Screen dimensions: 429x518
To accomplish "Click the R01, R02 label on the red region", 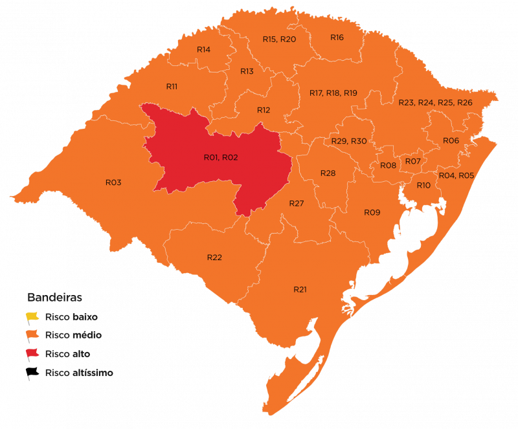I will tap(221, 157).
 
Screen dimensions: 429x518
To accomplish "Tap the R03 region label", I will tap(113, 182).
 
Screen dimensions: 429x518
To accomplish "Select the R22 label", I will tap(214, 258).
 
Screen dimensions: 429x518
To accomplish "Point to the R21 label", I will tap(300, 289).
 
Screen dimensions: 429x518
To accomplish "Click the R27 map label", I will tap(297, 203).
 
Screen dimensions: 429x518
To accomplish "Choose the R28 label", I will tap(328, 173).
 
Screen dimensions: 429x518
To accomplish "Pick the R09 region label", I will tap(372, 212).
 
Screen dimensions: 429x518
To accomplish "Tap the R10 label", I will tap(423, 185).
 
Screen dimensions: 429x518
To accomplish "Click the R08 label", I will tap(388, 166).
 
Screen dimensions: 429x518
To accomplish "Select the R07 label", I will tap(413, 160).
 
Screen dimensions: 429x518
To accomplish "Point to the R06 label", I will tap(451, 140).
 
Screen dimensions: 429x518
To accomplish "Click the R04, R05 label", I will tap(456, 175).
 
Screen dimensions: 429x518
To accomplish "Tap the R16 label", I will tap(337, 37).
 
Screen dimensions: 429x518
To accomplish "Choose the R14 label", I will tap(203, 49).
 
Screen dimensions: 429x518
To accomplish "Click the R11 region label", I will tap(172, 86).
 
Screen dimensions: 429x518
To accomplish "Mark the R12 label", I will tap(263, 110).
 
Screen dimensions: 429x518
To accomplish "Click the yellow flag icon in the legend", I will tap(32, 317).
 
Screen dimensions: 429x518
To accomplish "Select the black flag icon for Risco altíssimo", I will tap(32, 373).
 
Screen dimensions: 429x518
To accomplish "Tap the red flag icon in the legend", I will tap(32, 354).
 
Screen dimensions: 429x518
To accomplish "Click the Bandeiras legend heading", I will tap(54, 298).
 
